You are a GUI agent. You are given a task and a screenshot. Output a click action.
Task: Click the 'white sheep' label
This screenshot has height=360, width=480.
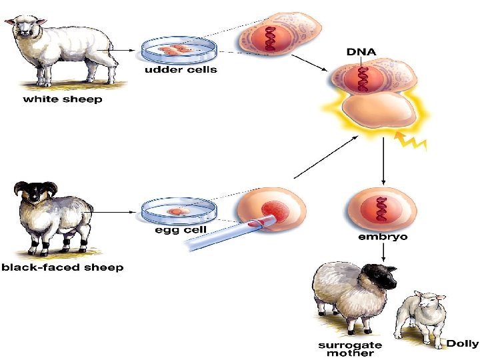(x=63, y=100)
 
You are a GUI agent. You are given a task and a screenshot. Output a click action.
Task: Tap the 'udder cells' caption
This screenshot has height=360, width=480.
(x=181, y=70)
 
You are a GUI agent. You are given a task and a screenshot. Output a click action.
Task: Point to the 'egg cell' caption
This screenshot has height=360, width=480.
(x=181, y=230)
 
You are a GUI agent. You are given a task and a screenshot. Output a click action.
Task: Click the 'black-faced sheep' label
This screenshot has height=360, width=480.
(x=63, y=268)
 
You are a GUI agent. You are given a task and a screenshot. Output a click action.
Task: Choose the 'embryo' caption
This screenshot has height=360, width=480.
(x=383, y=236)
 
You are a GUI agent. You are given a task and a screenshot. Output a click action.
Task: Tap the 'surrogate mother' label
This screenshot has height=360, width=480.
(x=350, y=349)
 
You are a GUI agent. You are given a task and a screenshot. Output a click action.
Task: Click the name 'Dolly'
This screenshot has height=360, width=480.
(x=462, y=343)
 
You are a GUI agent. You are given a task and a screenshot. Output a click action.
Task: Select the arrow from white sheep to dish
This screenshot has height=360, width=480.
(x=123, y=49)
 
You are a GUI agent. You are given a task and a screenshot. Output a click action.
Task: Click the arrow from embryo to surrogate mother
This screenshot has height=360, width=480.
(x=383, y=252)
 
